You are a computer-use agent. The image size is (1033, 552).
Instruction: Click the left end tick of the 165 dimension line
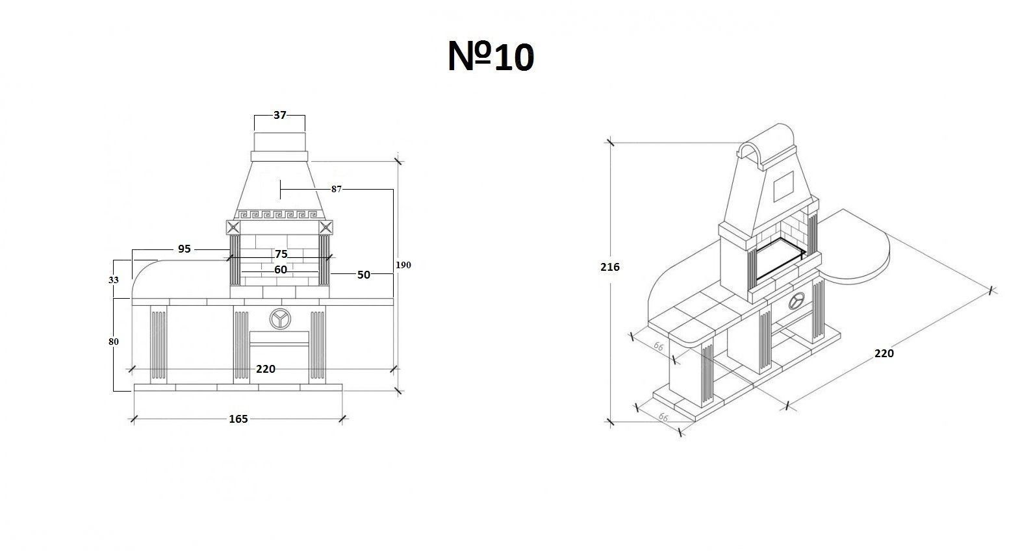134,419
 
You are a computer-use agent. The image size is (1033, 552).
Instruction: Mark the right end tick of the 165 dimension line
342,419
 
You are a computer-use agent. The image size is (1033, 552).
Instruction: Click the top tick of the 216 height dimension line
610,142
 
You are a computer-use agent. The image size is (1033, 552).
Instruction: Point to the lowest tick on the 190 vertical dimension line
398,391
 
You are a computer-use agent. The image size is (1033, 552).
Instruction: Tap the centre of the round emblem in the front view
280,319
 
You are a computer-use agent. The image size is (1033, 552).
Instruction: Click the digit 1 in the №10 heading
507,58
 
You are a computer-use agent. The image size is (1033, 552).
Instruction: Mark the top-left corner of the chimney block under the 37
255,133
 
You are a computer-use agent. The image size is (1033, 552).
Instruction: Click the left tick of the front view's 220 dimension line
132,370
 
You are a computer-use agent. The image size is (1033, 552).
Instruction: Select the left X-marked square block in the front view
233,227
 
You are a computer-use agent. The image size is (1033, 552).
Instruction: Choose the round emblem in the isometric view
797,301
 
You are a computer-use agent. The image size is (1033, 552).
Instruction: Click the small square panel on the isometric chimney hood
784,186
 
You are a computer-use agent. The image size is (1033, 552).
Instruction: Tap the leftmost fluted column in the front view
158,344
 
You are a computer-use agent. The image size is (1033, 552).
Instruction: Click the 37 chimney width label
280,115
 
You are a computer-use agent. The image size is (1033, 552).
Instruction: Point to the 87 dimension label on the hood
337,189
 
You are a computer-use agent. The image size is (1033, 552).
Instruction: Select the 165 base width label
238,419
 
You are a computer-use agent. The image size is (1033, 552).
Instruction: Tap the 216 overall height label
610,267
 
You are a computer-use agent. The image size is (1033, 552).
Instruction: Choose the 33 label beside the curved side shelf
114,280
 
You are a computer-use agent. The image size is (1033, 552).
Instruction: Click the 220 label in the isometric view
884,353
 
